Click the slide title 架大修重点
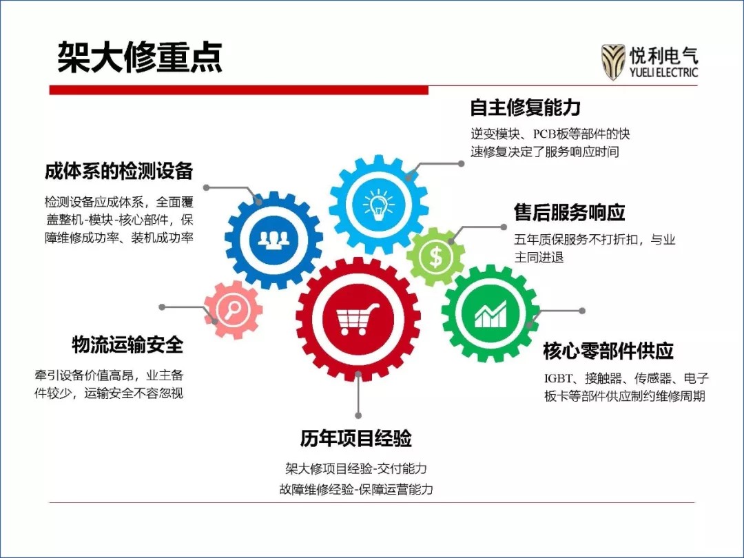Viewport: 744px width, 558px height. tap(140, 58)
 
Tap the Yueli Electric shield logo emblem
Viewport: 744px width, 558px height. tap(612, 62)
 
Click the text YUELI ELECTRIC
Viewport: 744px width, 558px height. tap(664, 72)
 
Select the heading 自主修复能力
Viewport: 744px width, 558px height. tap(525, 107)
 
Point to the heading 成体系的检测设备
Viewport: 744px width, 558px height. tap(118, 171)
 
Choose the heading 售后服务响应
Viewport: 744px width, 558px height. tap(570, 212)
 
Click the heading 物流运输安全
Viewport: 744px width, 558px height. tap(127, 344)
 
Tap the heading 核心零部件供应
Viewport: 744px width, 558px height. tap(608, 351)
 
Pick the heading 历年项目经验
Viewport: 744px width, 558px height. tap(356, 438)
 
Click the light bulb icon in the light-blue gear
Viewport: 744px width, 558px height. tap(378, 205)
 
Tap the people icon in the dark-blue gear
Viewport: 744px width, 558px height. tap(273, 240)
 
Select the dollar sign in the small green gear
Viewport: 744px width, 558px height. tap(435, 257)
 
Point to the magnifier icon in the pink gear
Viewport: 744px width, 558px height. tap(233, 309)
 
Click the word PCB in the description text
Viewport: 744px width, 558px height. tap(544, 134)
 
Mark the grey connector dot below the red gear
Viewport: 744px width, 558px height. tap(359, 415)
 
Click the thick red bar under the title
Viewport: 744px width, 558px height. tap(239, 90)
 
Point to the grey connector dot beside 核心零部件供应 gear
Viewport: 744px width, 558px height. tap(582, 311)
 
